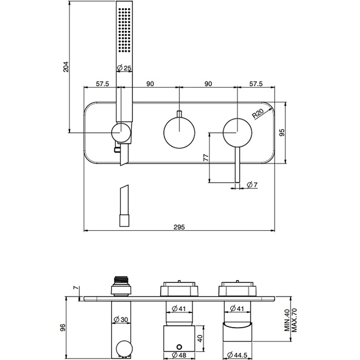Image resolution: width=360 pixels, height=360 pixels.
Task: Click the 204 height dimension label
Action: [x=66, y=67]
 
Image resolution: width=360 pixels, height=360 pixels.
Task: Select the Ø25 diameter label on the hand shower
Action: [x=124, y=68]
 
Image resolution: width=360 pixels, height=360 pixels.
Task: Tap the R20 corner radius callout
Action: [x=258, y=113]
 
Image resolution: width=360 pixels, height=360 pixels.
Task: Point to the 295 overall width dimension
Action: [x=179, y=227]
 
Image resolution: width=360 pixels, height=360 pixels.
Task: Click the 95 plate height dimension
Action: [x=282, y=132]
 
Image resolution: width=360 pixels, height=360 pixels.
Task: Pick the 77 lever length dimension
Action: [x=206, y=157]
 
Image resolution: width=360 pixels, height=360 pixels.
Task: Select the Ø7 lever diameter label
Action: [x=252, y=184]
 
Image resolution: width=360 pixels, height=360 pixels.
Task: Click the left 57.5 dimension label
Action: [x=102, y=84]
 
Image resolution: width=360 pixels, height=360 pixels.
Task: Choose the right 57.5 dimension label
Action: [x=256, y=84]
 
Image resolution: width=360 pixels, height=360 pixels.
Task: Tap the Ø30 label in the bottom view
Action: [x=121, y=320]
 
